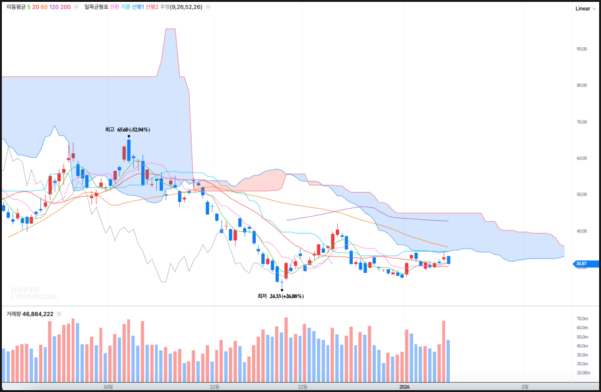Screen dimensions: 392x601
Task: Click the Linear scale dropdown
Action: tap(585, 9)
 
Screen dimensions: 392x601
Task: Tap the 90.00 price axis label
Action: tap(582, 48)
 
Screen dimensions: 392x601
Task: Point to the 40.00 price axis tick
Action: tap(582, 231)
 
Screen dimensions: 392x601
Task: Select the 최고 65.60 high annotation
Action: tap(128, 130)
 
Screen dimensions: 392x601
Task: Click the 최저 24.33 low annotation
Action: tap(281, 296)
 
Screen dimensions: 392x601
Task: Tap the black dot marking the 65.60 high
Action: tap(128, 136)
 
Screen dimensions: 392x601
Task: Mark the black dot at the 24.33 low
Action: tap(282, 289)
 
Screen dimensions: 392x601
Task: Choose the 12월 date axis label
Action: tap(303, 386)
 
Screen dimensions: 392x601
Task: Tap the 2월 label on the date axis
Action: tap(524, 386)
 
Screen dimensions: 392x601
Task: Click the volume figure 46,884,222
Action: tap(38, 314)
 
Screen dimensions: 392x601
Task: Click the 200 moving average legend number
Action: tap(65, 7)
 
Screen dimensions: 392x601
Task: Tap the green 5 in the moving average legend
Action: tap(29, 7)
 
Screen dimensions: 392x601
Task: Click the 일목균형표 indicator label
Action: tap(96, 7)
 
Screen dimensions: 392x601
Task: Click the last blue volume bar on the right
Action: tap(448, 360)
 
